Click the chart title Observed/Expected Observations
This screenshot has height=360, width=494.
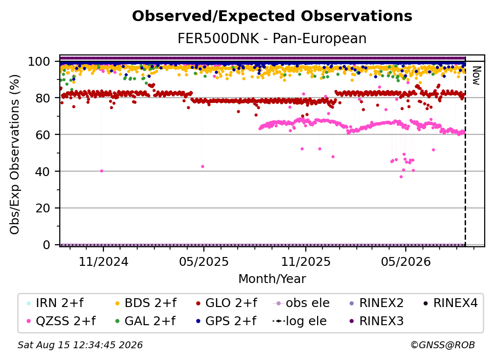(272, 16)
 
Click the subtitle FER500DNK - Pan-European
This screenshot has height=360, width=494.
(272, 38)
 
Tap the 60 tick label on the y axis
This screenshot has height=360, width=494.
(43, 134)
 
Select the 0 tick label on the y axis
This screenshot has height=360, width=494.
(46, 245)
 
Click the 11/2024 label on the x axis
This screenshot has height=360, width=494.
(103, 261)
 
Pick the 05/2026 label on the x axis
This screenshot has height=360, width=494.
(406, 261)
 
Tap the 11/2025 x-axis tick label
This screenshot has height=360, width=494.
(306, 261)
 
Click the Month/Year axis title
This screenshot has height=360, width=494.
(272, 279)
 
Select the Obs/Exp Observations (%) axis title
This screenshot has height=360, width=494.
(15, 154)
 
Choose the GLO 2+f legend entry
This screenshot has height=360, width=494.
(226, 303)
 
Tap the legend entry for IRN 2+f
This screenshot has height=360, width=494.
(55, 303)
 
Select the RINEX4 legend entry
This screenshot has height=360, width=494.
(450, 303)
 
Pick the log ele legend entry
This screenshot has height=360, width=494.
(299, 321)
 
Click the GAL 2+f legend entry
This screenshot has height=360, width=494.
(146, 321)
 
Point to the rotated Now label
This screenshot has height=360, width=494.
(476, 76)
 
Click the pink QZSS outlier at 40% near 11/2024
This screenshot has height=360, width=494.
(101, 171)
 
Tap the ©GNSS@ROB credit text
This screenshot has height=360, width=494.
(443, 345)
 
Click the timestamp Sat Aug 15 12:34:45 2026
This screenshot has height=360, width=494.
(80, 345)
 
